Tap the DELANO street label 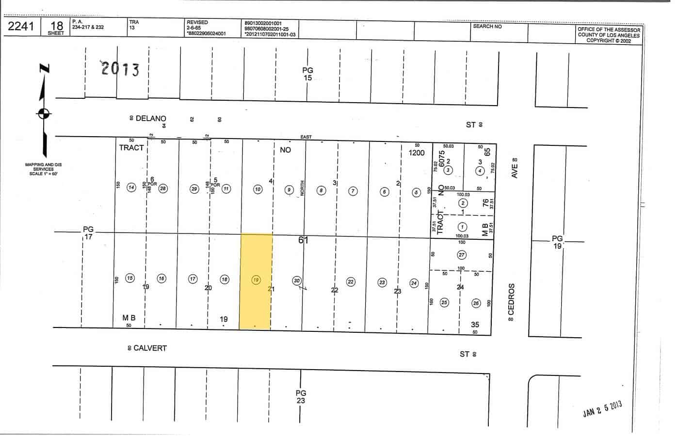(151, 119)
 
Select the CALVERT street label (150, 348)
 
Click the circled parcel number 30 (297, 280)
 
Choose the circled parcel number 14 (131, 188)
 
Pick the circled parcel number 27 (461, 255)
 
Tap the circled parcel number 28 (163, 188)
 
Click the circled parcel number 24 (414, 283)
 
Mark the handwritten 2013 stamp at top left (120, 69)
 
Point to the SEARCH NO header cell (487, 26)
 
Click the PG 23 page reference (301, 397)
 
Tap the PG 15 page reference (307, 74)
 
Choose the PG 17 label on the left (88, 233)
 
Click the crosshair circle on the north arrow (44, 113)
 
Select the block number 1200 (416, 153)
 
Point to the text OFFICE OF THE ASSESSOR (609, 30)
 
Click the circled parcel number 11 (226, 189)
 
